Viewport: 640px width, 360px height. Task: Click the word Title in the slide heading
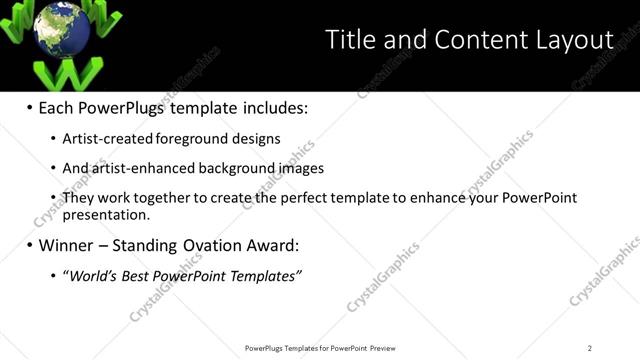[x=351, y=40]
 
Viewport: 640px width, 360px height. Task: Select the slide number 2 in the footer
[x=590, y=348]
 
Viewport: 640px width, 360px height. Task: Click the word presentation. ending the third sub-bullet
[x=106, y=214]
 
